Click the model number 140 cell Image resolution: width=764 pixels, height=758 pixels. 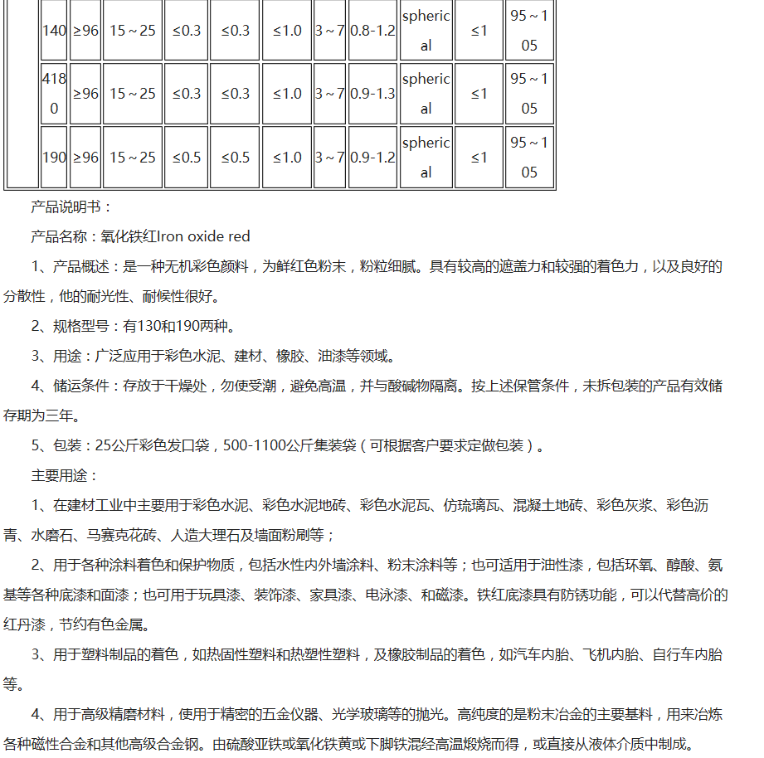(x=54, y=31)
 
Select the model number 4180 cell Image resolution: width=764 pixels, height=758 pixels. (x=54, y=94)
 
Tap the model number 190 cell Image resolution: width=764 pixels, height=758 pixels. (x=54, y=158)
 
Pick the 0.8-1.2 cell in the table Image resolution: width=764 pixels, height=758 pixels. (x=372, y=31)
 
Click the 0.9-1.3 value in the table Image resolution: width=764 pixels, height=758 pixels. (x=372, y=94)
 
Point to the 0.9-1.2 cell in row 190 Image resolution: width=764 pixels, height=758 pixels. (x=372, y=158)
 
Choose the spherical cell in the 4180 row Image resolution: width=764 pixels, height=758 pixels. (x=426, y=94)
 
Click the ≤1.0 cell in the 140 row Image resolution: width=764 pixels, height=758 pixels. (x=287, y=31)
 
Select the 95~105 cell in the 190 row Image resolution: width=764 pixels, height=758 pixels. (x=529, y=158)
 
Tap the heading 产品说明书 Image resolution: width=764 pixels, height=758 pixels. (x=71, y=207)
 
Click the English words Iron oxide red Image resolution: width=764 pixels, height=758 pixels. (x=203, y=236)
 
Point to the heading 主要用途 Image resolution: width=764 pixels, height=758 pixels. (x=64, y=476)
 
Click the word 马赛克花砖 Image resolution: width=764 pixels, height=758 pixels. (x=119, y=535)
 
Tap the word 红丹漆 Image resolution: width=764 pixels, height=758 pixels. (x=23, y=624)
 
